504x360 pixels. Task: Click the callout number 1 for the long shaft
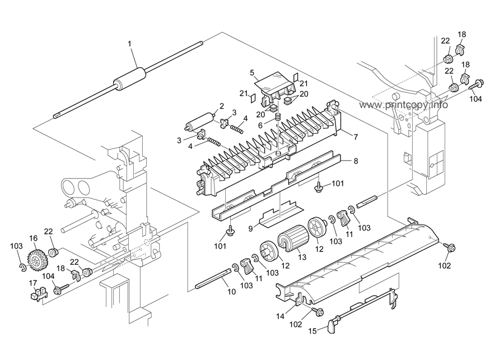pos(130,44)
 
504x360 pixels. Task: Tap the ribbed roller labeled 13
pos(293,239)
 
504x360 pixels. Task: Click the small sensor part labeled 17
pos(36,294)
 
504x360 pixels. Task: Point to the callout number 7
pos(356,137)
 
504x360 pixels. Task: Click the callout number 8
pos(356,161)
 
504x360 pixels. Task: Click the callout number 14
pos(280,316)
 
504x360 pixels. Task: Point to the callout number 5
pos(253,72)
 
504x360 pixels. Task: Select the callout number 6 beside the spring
pos(260,125)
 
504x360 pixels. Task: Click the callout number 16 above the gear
pos(33,238)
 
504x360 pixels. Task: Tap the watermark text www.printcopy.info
pos(403,105)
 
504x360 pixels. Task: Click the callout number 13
pos(302,257)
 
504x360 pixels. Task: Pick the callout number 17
pos(33,283)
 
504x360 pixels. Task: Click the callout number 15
pos(312,331)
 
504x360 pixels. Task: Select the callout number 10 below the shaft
pos(231,291)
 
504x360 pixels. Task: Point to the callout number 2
pos(221,106)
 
